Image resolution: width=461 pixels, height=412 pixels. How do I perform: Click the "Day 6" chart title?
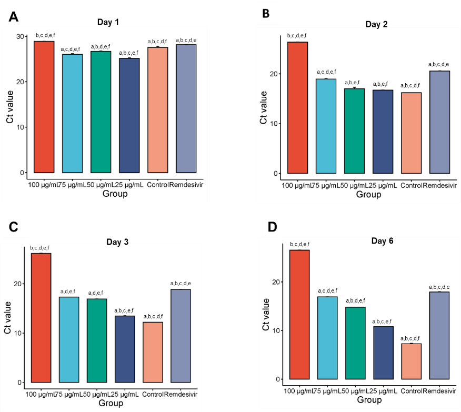point(382,240)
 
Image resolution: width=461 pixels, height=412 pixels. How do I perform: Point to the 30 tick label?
point(21,36)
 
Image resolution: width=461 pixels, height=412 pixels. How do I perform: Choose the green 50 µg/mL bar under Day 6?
point(355,343)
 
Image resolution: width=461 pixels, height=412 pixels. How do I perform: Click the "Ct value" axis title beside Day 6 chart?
point(266,314)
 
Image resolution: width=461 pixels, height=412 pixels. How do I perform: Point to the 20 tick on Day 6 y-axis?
point(278,282)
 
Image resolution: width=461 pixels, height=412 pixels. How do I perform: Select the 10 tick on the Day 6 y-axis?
point(278,330)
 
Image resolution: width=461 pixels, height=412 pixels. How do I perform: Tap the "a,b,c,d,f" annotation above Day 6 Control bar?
point(410,338)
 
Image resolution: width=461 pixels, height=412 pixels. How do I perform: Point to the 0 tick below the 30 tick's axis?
point(23,173)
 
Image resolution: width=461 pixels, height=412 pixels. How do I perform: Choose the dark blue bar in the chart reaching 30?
point(129,115)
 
